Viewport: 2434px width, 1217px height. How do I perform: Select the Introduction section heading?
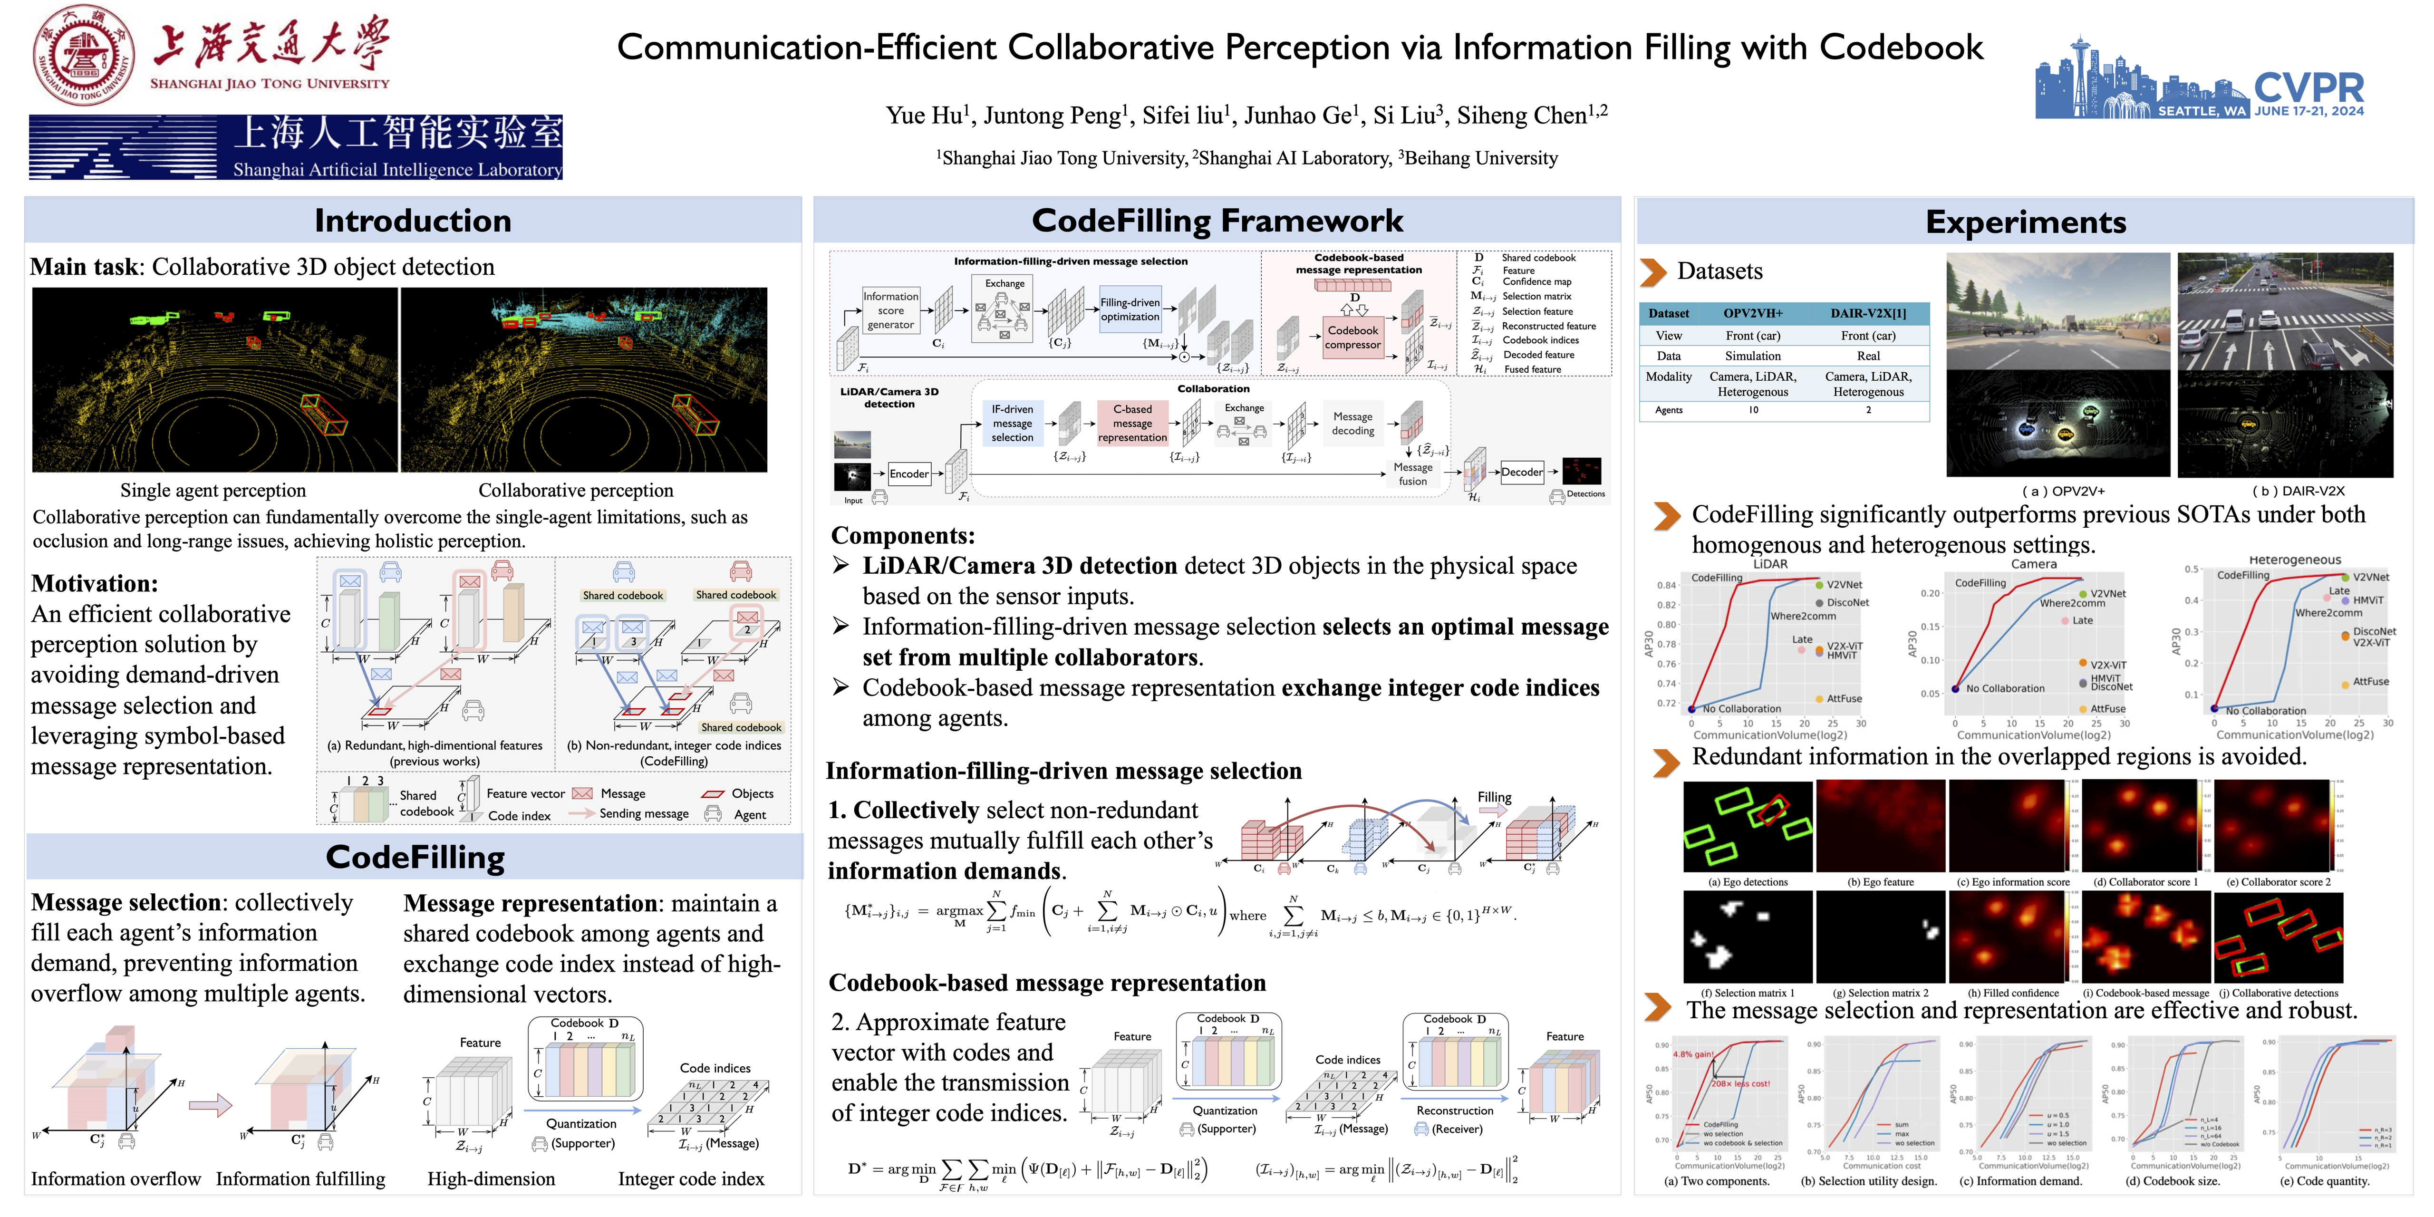tap(413, 221)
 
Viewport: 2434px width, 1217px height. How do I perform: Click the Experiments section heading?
tap(2025, 222)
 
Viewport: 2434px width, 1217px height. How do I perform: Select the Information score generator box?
tap(890, 310)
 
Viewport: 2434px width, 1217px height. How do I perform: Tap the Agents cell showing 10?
tap(1753, 410)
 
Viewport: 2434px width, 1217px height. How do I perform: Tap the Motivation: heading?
tap(95, 583)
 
